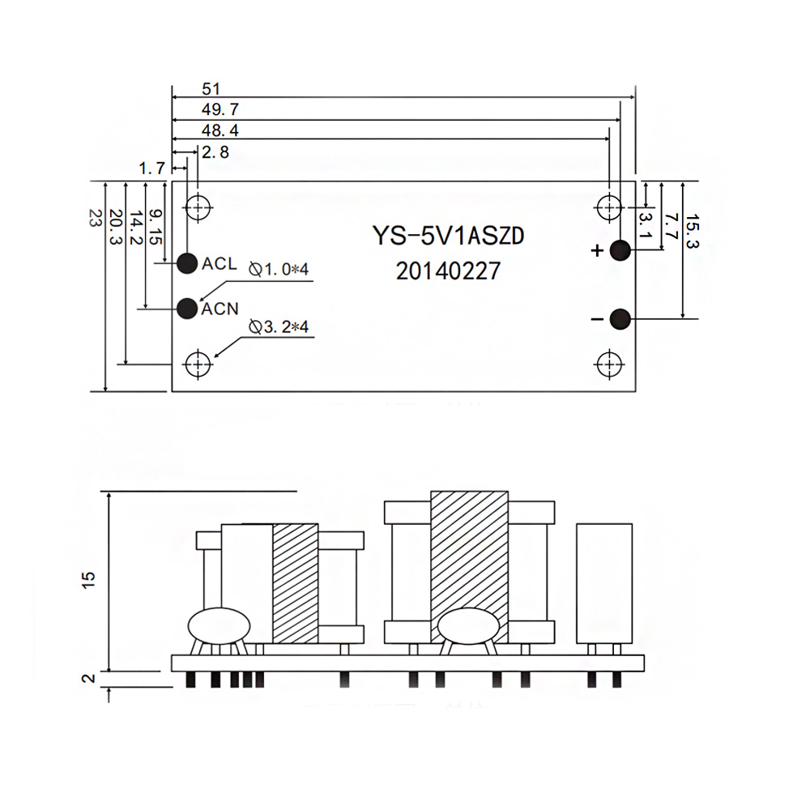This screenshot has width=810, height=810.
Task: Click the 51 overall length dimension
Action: (189, 88)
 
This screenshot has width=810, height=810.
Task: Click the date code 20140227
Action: (448, 271)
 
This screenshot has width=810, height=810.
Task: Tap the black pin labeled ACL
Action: (187, 262)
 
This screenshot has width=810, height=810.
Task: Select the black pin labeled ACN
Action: (187, 308)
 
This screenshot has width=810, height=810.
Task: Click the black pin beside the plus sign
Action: (620, 250)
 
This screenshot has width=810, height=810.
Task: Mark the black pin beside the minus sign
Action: (620, 319)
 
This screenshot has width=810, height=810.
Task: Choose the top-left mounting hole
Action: (197, 207)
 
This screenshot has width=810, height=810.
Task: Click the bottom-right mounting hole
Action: (607, 364)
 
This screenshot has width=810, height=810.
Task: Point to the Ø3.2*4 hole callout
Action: (279, 326)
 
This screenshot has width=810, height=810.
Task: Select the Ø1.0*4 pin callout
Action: (279, 269)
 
